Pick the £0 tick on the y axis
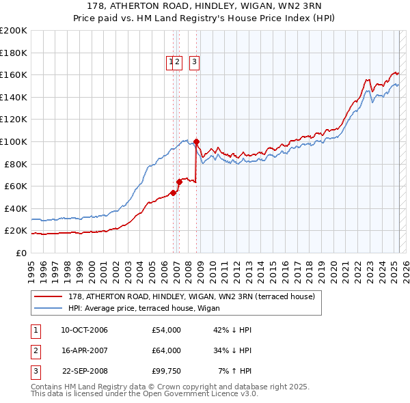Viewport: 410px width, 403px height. point(22,253)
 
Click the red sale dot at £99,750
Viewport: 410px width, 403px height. point(196,142)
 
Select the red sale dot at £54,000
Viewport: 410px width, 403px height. point(174,193)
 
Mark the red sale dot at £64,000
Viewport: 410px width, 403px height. point(180,182)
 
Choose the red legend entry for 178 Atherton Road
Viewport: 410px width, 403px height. point(191,296)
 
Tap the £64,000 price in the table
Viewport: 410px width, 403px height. point(167,350)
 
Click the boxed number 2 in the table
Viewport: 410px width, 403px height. point(33,350)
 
